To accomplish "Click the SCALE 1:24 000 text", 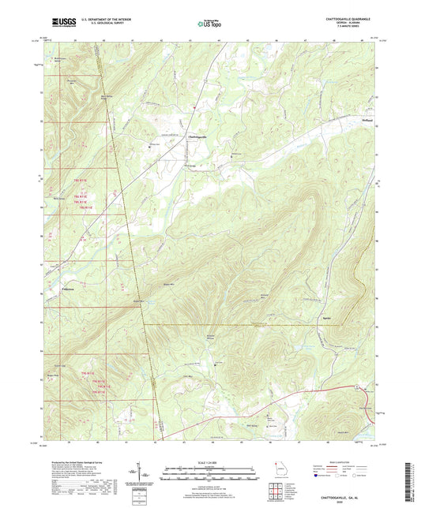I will (210, 461).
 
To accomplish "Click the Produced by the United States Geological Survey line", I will (80, 460).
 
